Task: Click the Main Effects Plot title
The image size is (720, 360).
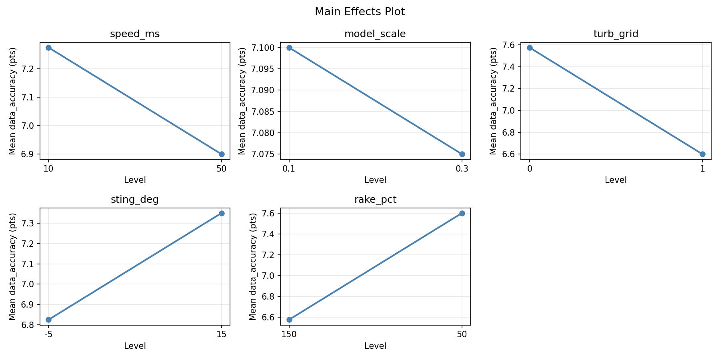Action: coord(360,12)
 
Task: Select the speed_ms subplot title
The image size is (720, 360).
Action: coord(135,34)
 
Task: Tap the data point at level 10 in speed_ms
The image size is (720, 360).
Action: coord(48,48)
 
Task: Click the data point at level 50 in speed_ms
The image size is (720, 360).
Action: coord(222,154)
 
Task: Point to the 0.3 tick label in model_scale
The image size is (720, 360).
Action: coord(462,169)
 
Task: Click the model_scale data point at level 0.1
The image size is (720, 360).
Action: coord(289,48)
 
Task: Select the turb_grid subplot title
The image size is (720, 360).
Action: coord(616,34)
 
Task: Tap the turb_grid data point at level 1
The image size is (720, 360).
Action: coord(702,154)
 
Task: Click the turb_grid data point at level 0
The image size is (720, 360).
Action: coord(530,48)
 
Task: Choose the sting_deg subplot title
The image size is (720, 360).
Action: coord(135,200)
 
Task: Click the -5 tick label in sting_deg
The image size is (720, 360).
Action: coord(48,334)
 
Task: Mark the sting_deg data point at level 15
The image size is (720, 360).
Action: coord(222,213)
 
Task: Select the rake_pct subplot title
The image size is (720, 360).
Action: coord(375,200)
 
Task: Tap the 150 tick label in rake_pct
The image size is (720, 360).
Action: coord(289,334)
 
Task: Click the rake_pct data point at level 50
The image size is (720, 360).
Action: coord(462,213)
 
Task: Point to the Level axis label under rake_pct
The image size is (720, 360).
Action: coord(375,346)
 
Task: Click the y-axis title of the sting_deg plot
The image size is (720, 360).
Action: coord(12,266)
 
